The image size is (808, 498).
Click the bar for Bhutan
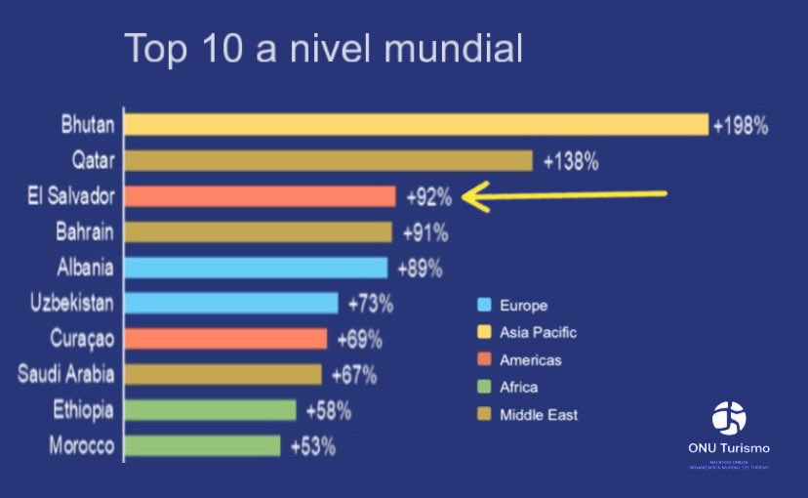point(416,124)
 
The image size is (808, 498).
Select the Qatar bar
point(328,160)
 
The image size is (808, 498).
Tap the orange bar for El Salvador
point(260,196)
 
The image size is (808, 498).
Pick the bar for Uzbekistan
point(231,303)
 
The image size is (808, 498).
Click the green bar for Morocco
point(203,446)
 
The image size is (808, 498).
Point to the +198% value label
point(741,126)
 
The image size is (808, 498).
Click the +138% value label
point(571,161)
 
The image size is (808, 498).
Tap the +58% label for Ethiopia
point(328,411)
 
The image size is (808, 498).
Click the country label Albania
point(86,267)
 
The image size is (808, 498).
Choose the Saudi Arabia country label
point(66,374)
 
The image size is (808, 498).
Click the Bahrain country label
point(85,231)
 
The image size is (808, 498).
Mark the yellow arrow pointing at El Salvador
point(563,195)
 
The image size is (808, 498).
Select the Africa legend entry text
point(518,388)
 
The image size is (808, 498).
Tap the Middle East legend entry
point(539,415)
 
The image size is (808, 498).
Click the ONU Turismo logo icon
point(728,418)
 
